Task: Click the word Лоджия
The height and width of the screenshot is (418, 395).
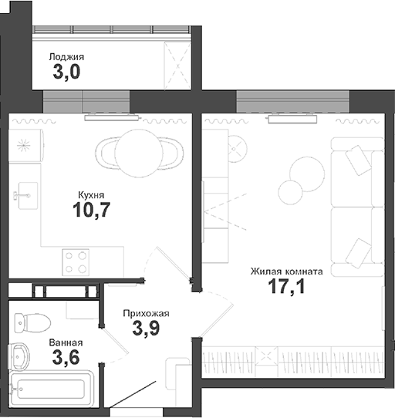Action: (x=66, y=56)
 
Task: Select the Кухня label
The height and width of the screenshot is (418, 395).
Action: (x=91, y=195)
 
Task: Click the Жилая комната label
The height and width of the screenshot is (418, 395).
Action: (x=286, y=271)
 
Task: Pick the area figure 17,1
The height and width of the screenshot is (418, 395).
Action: (x=285, y=289)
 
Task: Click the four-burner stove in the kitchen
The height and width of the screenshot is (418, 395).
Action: (x=75, y=262)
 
